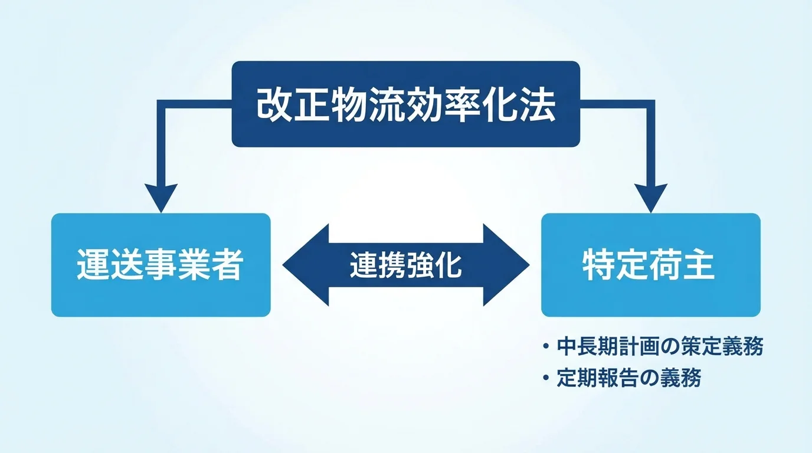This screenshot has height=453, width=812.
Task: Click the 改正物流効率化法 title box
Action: (x=405, y=104)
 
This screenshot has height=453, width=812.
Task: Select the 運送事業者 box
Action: (x=161, y=265)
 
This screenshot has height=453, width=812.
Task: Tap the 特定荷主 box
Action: (x=650, y=265)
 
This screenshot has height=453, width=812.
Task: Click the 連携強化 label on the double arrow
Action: (x=405, y=265)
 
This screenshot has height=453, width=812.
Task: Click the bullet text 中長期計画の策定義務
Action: (x=660, y=347)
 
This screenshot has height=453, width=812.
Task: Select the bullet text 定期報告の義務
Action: (x=628, y=378)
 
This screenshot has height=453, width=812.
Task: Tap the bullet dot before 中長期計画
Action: (x=546, y=347)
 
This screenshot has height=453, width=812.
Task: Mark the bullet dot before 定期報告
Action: (x=546, y=378)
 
